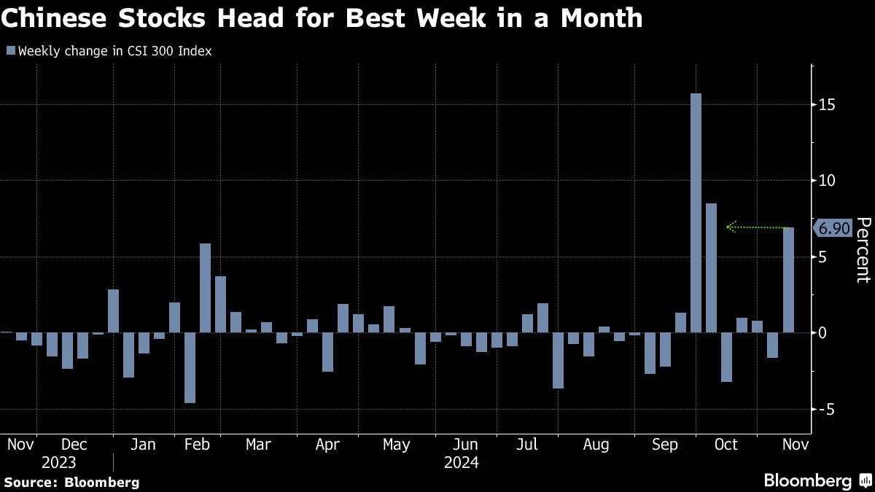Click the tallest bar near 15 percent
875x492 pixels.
click(696, 213)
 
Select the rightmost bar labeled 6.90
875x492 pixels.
click(788, 280)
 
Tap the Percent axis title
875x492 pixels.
click(863, 250)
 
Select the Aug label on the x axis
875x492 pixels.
click(596, 445)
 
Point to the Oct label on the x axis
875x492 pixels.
click(726, 445)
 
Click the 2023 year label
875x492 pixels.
click(58, 462)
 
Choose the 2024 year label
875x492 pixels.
click(461, 462)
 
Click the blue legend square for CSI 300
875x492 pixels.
click(10, 51)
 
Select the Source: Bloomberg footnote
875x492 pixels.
click(71, 482)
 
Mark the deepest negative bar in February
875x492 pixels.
click(190, 367)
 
